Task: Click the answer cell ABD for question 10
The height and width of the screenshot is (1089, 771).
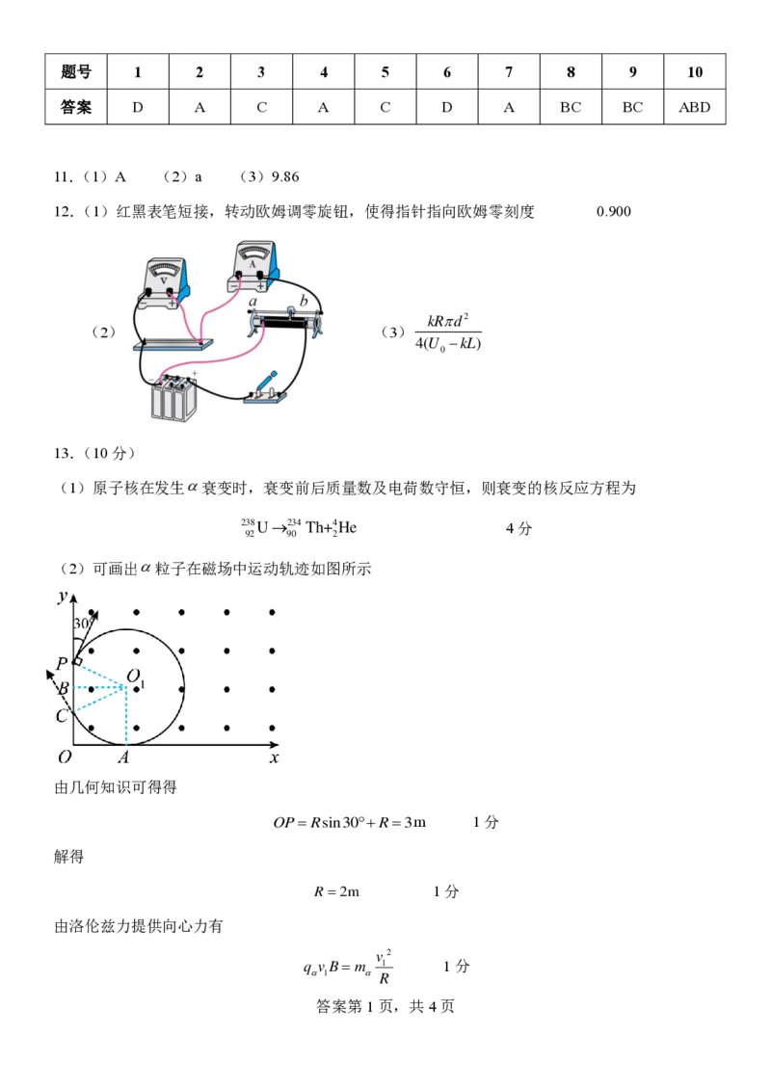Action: point(695,107)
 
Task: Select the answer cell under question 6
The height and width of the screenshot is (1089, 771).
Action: point(446,107)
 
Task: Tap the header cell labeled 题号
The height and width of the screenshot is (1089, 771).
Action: point(76,71)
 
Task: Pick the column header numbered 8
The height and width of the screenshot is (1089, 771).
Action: point(571,71)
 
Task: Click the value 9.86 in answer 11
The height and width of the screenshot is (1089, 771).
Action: point(284,177)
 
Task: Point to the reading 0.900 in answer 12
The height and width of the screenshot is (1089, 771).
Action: point(613,212)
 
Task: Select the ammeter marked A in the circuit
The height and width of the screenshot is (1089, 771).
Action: point(253,266)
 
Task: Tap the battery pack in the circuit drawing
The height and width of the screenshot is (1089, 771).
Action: point(174,398)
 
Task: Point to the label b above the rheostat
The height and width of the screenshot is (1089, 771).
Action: point(304,301)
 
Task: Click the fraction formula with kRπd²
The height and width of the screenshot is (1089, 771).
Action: point(448,332)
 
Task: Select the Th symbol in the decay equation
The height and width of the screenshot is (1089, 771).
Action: point(314,528)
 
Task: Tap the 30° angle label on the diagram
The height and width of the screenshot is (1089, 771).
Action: point(82,623)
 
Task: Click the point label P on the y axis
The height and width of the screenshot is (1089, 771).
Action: point(62,663)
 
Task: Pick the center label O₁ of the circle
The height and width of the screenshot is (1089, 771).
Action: point(136,677)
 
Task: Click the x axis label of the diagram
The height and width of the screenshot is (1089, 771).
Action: point(274,757)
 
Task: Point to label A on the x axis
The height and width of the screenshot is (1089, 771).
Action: point(123,757)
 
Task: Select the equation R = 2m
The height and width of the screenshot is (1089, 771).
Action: point(337,891)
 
